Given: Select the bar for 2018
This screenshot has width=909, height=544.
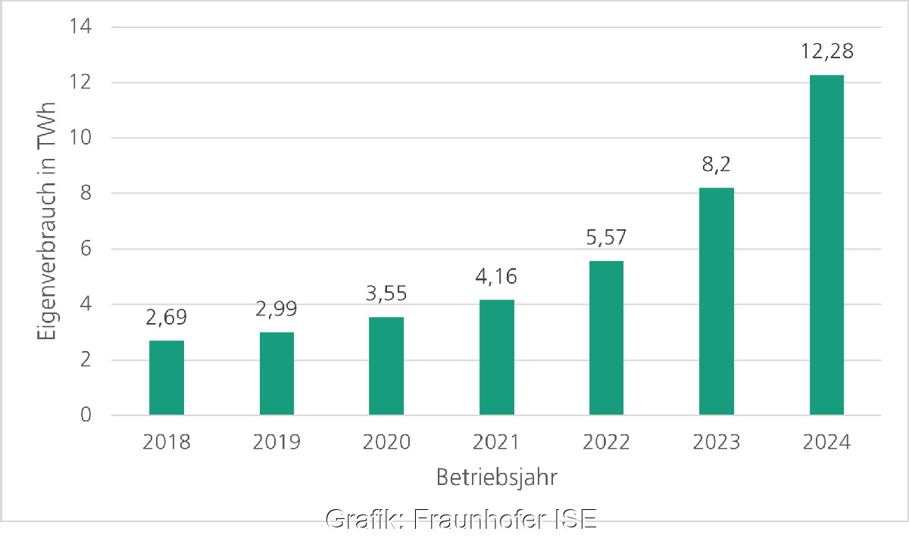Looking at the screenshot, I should point(167,378).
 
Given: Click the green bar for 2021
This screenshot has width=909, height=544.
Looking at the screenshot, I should point(496,357).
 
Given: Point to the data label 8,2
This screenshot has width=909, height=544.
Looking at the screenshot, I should point(717,166).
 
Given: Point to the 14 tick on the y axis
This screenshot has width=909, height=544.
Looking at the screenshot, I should point(80,27).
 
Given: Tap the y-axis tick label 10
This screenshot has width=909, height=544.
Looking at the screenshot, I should point(80,138).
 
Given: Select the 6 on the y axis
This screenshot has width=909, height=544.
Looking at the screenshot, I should point(86,250).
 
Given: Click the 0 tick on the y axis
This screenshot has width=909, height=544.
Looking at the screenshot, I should point(86,415).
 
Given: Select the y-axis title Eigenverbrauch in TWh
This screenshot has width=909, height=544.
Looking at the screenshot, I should point(48,221).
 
